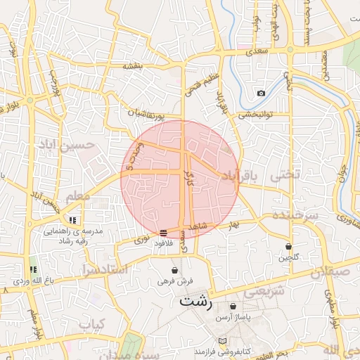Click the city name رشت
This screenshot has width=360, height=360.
pos(195,303)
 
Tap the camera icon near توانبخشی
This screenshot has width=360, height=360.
pos(261,93)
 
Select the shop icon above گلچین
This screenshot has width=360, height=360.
pos(288,246)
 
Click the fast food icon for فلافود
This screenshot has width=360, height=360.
pos(163,232)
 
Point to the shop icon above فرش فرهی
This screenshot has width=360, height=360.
pos(174,270)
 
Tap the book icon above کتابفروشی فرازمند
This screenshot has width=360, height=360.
pos(223,340)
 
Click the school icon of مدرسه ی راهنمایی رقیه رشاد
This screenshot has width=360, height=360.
pos(73,220)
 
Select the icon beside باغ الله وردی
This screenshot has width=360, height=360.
pos(33,269)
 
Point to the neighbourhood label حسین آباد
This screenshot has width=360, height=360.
pos(77,146)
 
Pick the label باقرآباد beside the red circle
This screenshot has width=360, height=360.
pos(241,175)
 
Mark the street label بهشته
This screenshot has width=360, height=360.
pos(133,66)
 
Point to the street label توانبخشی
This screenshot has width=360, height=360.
pos(255,114)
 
